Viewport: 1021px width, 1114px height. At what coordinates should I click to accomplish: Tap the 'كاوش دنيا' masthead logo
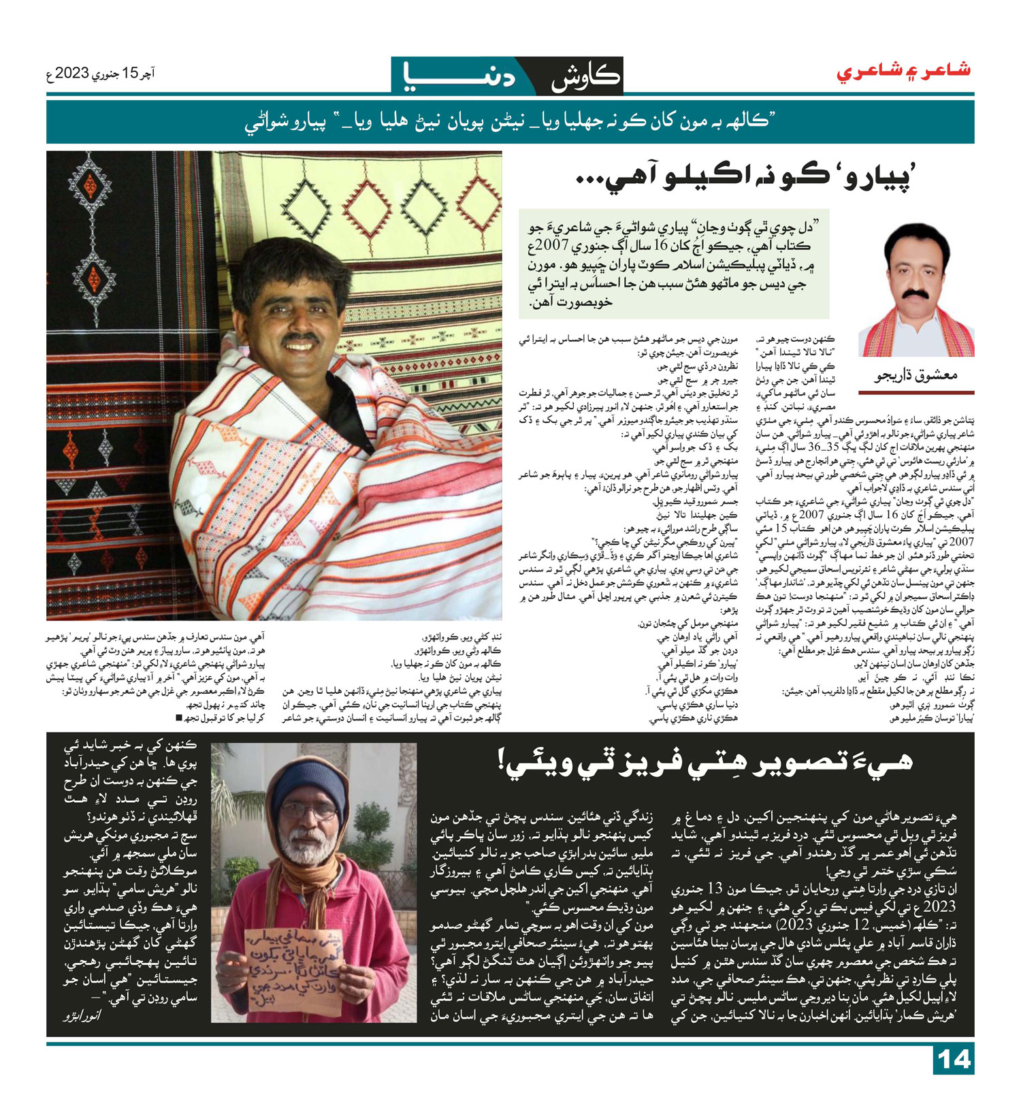(x=506, y=76)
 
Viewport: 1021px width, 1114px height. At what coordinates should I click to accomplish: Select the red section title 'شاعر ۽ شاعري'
(x=903, y=71)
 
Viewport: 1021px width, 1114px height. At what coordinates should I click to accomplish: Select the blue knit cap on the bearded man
(x=307, y=779)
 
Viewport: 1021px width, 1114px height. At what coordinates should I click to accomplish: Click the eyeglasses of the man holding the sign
(x=309, y=811)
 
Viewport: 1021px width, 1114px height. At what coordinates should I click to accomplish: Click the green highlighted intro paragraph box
(x=674, y=264)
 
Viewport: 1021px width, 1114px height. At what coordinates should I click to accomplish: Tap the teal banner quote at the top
(x=510, y=123)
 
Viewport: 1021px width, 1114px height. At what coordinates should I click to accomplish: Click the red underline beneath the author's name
(x=915, y=392)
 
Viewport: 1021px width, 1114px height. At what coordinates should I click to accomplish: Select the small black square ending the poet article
(x=179, y=718)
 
